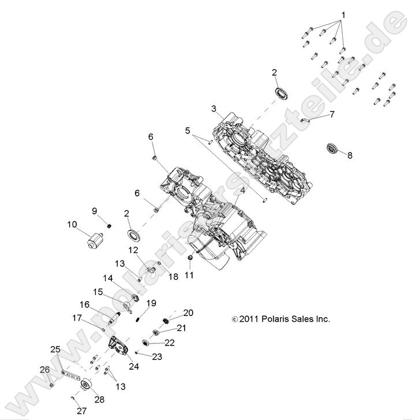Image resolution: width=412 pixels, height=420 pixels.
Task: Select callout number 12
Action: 133,250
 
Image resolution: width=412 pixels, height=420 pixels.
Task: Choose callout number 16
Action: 85,304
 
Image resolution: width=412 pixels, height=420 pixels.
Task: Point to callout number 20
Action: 188,313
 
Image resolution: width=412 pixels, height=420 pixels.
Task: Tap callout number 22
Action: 170,342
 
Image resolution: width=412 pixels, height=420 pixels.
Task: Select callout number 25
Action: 55,350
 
